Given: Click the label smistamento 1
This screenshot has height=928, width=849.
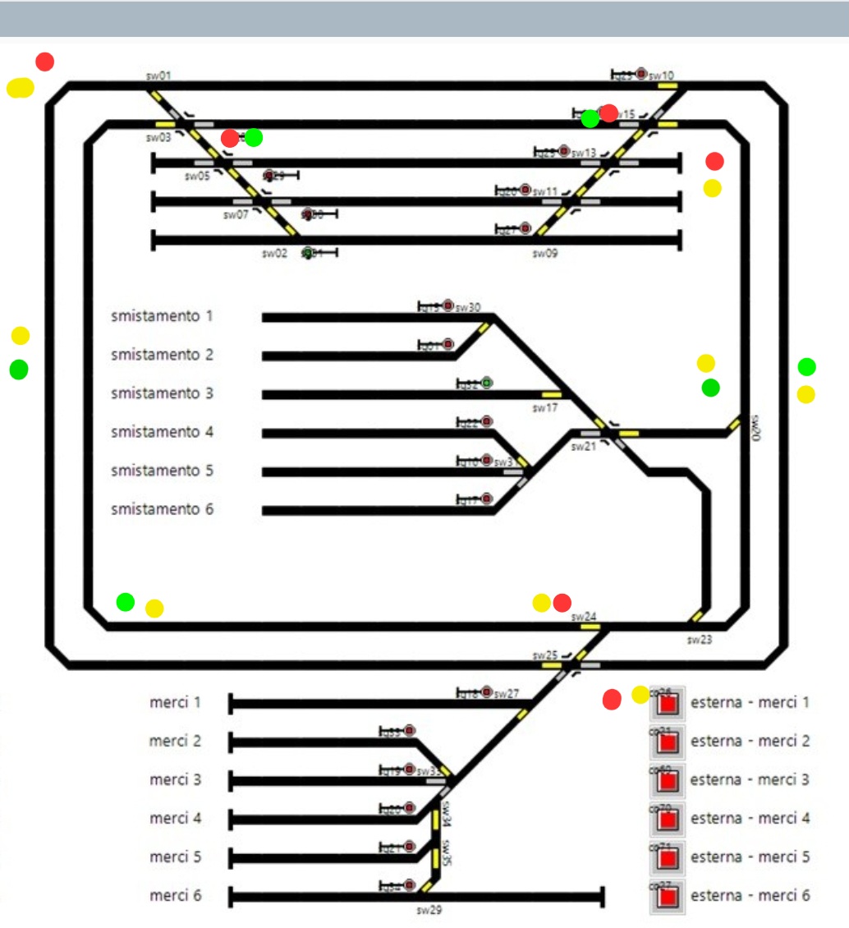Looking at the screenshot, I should [x=162, y=316].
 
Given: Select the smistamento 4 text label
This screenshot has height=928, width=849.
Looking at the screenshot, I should [x=162, y=432].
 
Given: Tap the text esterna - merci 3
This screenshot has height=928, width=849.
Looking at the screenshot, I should [x=750, y=779].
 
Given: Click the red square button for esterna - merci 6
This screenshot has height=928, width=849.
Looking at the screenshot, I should [x=668, y=897].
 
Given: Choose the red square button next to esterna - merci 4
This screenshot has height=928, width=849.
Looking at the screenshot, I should [x=668, y=820].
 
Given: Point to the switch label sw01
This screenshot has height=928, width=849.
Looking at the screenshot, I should [x=158, y=76].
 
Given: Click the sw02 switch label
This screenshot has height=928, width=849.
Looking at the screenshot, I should [x=274, y=254].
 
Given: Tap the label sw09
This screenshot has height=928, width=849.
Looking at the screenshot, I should [x=544, y=254].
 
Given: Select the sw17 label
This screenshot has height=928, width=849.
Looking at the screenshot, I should [x=544, y=407].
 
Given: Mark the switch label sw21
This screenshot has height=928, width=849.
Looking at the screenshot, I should [x=583, y=447].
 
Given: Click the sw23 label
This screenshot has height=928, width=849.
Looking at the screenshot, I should [x=700, y=640].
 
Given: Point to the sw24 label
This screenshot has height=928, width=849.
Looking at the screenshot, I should [x=584, y=617].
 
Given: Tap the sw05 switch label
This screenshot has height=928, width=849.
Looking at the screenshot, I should [x=197, y=176].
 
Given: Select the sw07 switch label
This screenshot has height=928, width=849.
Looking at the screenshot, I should [x=236, y=215].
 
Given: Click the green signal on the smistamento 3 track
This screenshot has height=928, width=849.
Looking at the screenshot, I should [x=487, y=383].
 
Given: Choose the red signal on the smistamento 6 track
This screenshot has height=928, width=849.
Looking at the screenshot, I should [x=487, y=498].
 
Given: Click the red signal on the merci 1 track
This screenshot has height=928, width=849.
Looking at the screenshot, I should [x=487, y=692].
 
